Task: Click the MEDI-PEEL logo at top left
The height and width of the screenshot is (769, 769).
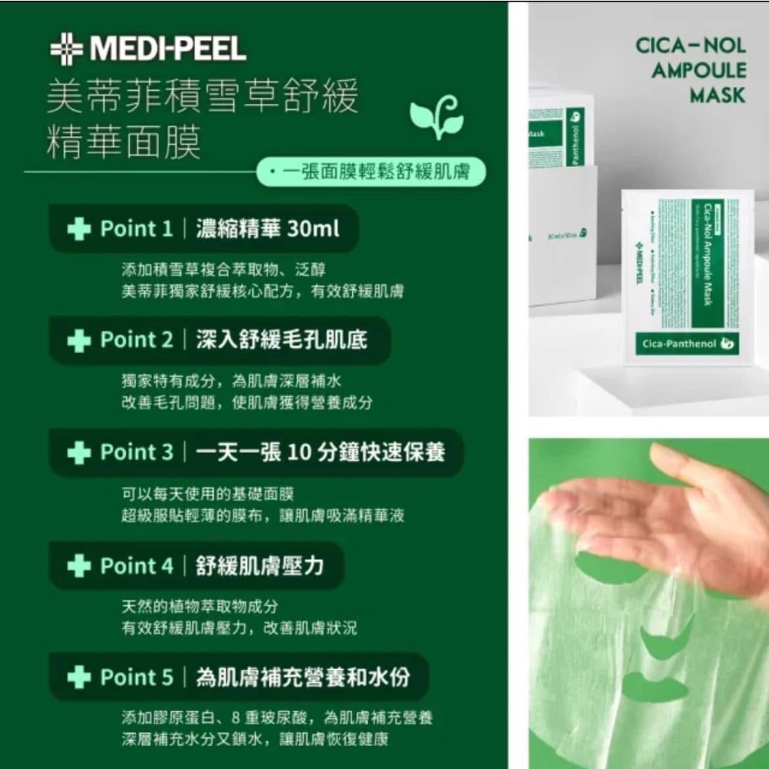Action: coord(148,51)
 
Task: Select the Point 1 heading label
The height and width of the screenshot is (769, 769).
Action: coord(136,228)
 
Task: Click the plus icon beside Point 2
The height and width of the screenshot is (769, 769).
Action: coord(78,341)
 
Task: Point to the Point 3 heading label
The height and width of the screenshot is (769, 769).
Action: coord(136,452)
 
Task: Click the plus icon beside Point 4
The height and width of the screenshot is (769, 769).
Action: coord(78,566)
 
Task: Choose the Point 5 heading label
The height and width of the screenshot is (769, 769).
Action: coord(136,677)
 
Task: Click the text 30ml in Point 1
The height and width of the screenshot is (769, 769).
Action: coord(313,228)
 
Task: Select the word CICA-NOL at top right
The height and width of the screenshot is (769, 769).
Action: coord(691,45)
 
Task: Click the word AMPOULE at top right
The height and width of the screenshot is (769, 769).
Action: coord(698,71)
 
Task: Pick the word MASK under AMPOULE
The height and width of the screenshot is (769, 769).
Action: coord(717,95)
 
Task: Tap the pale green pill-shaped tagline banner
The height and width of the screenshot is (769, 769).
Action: coord(371,172)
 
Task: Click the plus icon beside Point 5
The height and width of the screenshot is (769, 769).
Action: coord(78,677)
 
